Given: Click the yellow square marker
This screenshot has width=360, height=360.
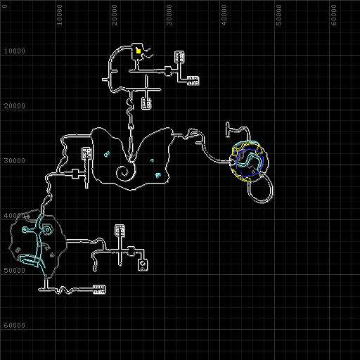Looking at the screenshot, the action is point(139,51).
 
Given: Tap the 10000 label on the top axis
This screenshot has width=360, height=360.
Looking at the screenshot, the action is point(60,15).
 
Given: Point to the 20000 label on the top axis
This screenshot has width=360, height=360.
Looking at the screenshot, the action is point(115,15).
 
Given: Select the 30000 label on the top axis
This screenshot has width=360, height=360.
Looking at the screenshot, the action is point(169,15).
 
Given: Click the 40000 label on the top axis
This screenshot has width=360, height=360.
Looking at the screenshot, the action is point(224,15).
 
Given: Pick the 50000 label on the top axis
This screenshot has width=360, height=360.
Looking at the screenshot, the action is point(279,15).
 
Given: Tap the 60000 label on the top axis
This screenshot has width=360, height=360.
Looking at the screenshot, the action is point(334,15).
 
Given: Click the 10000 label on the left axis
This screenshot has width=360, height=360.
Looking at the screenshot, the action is point(15,51).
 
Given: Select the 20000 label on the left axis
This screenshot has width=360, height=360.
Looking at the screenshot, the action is point(15,106).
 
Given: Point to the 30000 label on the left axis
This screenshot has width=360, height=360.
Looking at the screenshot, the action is point(15,161).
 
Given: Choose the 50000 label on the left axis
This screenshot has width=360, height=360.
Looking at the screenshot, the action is point(15,271).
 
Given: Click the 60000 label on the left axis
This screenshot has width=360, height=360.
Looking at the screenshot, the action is point(15,326).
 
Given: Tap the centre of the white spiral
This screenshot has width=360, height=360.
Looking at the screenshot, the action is point(124,174).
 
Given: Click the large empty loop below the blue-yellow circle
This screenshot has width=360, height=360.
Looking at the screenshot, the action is point(272,189).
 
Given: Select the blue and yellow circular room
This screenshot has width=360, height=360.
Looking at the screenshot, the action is point(249,161).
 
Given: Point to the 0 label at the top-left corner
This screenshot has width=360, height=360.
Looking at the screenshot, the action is point(5,6).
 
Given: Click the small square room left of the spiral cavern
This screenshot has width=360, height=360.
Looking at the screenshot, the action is point(75,174).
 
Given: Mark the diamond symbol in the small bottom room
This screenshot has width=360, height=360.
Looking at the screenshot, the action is point(142,264).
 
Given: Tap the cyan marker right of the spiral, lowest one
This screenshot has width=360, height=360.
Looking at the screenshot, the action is point(158,175).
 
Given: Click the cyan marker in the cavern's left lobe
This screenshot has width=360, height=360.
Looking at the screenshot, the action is point(107,154).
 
